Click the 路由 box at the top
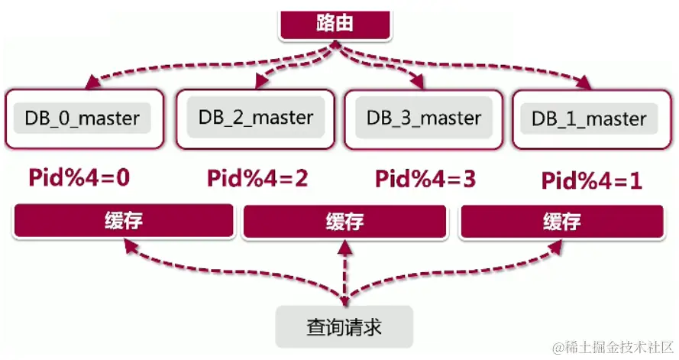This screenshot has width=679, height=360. coord(334,24)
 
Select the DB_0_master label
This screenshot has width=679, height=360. coord(82,118)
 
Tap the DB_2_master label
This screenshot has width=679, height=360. coord(255,118)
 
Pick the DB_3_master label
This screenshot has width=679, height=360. coord(424,118)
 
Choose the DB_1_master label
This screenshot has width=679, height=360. coord(588,119)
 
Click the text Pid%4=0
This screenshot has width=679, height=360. coord(79,178)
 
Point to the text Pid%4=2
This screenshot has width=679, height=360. coord(257,178)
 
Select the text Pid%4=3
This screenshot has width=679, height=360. coord(425,179)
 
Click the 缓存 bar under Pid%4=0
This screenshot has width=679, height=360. coord(123,222)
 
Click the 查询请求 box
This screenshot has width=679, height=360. coord(344,327)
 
